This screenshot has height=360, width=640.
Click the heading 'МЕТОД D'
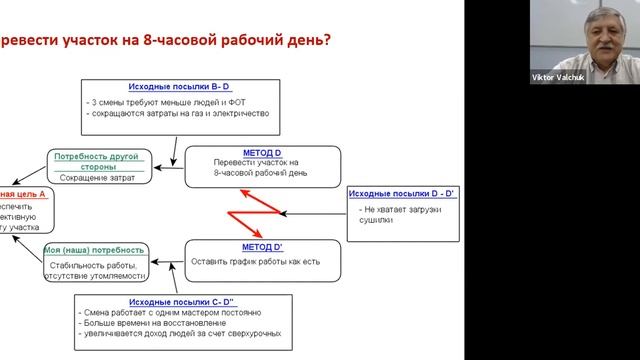coord(262,152)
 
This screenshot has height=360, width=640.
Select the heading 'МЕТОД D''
coord(263,246)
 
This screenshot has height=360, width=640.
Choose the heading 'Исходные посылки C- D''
coord(181,302)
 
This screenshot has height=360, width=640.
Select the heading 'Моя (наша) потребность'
coord(95,250)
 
